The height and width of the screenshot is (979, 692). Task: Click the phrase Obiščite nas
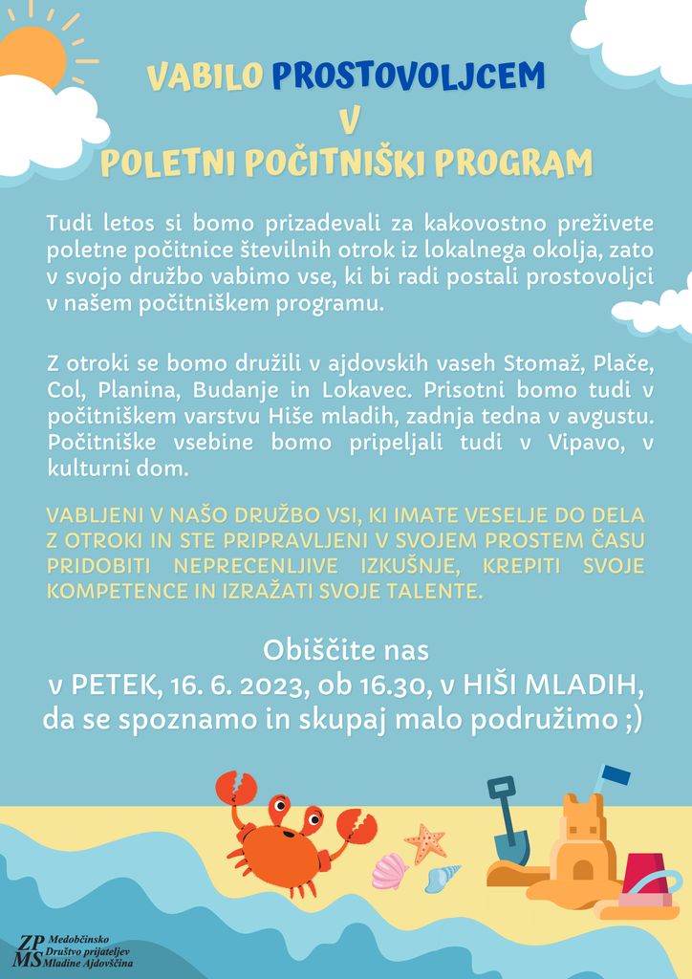pyautogui.click(x=346, y=651)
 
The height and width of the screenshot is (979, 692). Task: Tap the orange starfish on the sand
pyautogui.click(x=425, y=842)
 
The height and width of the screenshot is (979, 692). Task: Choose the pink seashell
pyautogui.click(x=389, y=871)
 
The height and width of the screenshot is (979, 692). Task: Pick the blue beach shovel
pyautogui.click(x=508, y=822)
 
